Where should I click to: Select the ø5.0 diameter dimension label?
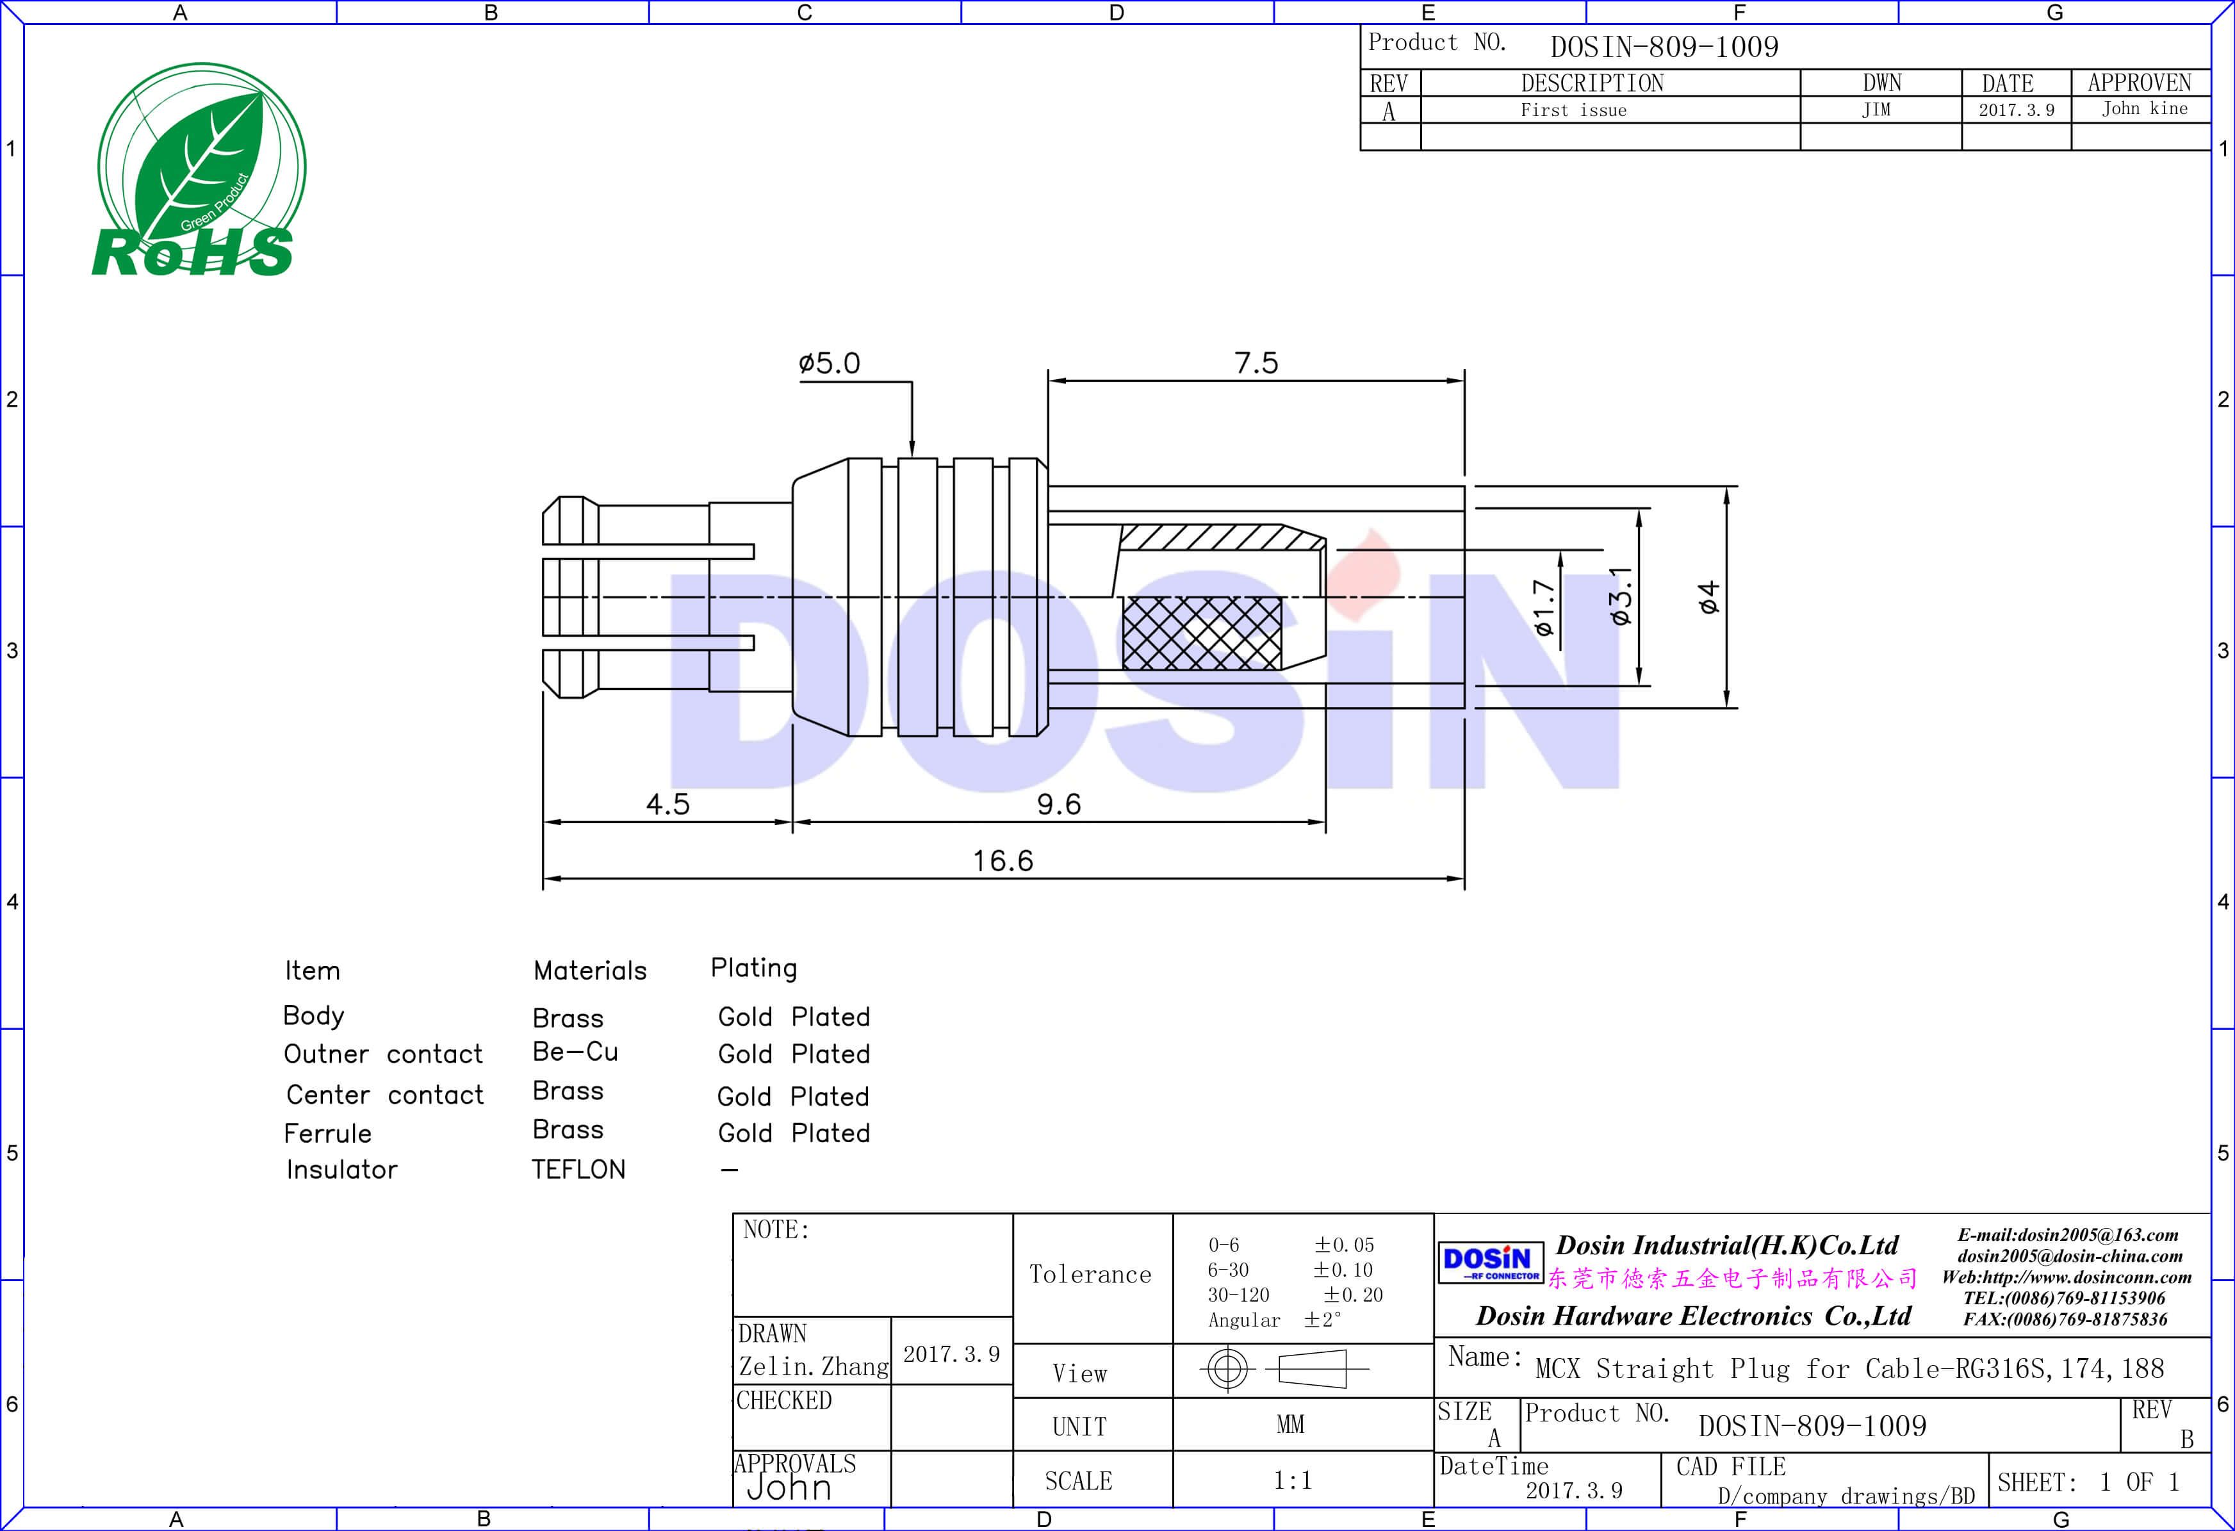829,363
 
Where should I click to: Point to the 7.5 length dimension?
1256,363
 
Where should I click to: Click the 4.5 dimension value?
667,804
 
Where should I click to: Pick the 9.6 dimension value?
1059,804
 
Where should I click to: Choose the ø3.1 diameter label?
1621,595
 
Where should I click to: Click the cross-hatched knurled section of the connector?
1202,633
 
